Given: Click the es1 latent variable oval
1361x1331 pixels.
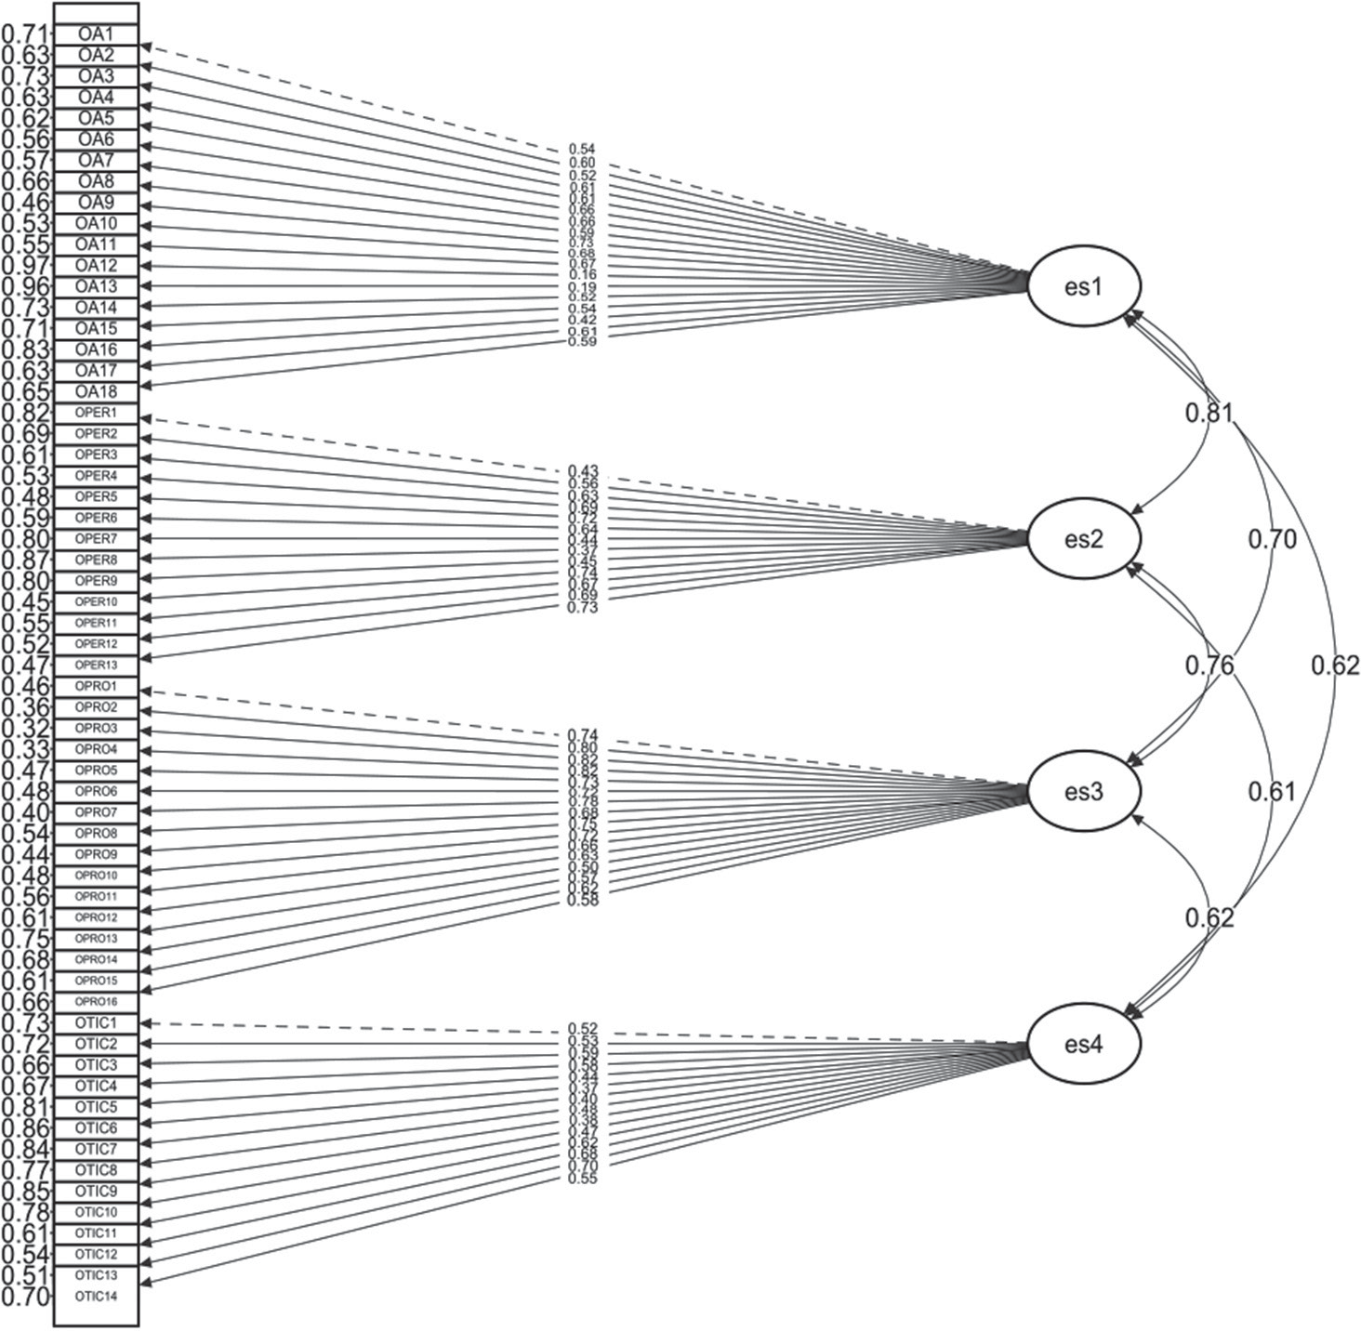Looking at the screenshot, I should point(1083,286).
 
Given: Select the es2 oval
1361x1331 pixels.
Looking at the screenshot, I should point(1083,539).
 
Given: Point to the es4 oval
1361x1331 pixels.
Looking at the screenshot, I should point(1083,1045).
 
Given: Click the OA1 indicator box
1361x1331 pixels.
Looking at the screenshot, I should point(97,34).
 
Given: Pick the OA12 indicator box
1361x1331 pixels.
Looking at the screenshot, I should point(97,266).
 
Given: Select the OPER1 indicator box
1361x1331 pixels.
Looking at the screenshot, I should point(97,413).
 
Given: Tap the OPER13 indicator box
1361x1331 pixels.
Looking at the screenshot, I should point(97,665).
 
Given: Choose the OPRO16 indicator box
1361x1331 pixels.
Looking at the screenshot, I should point(97,1001).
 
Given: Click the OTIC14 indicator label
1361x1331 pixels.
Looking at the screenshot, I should point(97,1296).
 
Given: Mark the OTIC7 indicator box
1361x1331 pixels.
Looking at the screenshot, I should point(97,1149).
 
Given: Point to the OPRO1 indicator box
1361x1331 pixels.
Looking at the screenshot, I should point(97,686).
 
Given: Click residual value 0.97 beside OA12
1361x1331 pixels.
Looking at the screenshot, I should point(26,266).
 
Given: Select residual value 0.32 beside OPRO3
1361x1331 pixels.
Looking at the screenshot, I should point(26,728).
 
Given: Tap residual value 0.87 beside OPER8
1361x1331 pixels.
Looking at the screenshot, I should point(26,560).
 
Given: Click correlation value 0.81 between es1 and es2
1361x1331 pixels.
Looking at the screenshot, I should point(1209,414).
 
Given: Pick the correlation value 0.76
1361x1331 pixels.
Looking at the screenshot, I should point(1209,665).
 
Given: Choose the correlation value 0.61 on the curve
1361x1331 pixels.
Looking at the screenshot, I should point(1271,792).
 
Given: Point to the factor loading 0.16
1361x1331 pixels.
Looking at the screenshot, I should point(582,275).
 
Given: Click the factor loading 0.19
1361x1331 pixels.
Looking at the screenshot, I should point(582,287).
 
